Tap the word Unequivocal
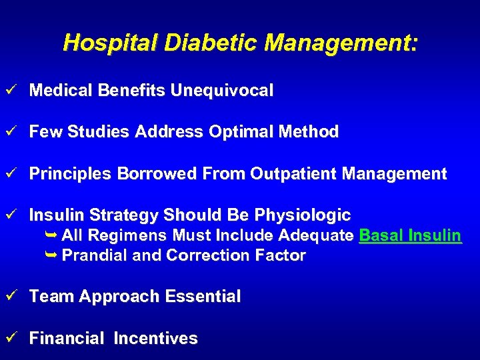[222, 91]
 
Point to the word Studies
[99, 132]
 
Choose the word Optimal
[238, 132]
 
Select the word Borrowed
[157, 174]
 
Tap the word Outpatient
[293, 174]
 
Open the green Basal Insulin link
[410, 235]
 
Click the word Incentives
[156, 339]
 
